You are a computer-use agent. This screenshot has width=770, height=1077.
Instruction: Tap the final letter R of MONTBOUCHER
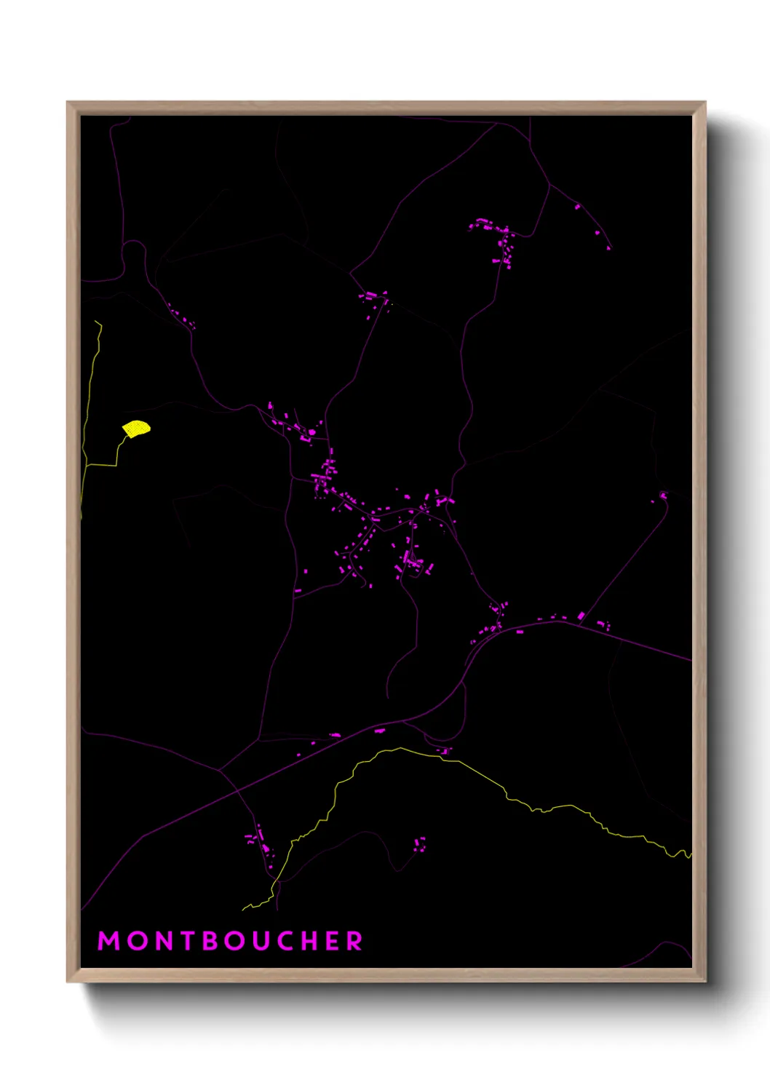click(x=355, y=941)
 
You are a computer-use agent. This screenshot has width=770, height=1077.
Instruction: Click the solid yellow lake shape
click(x=136, y=429)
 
